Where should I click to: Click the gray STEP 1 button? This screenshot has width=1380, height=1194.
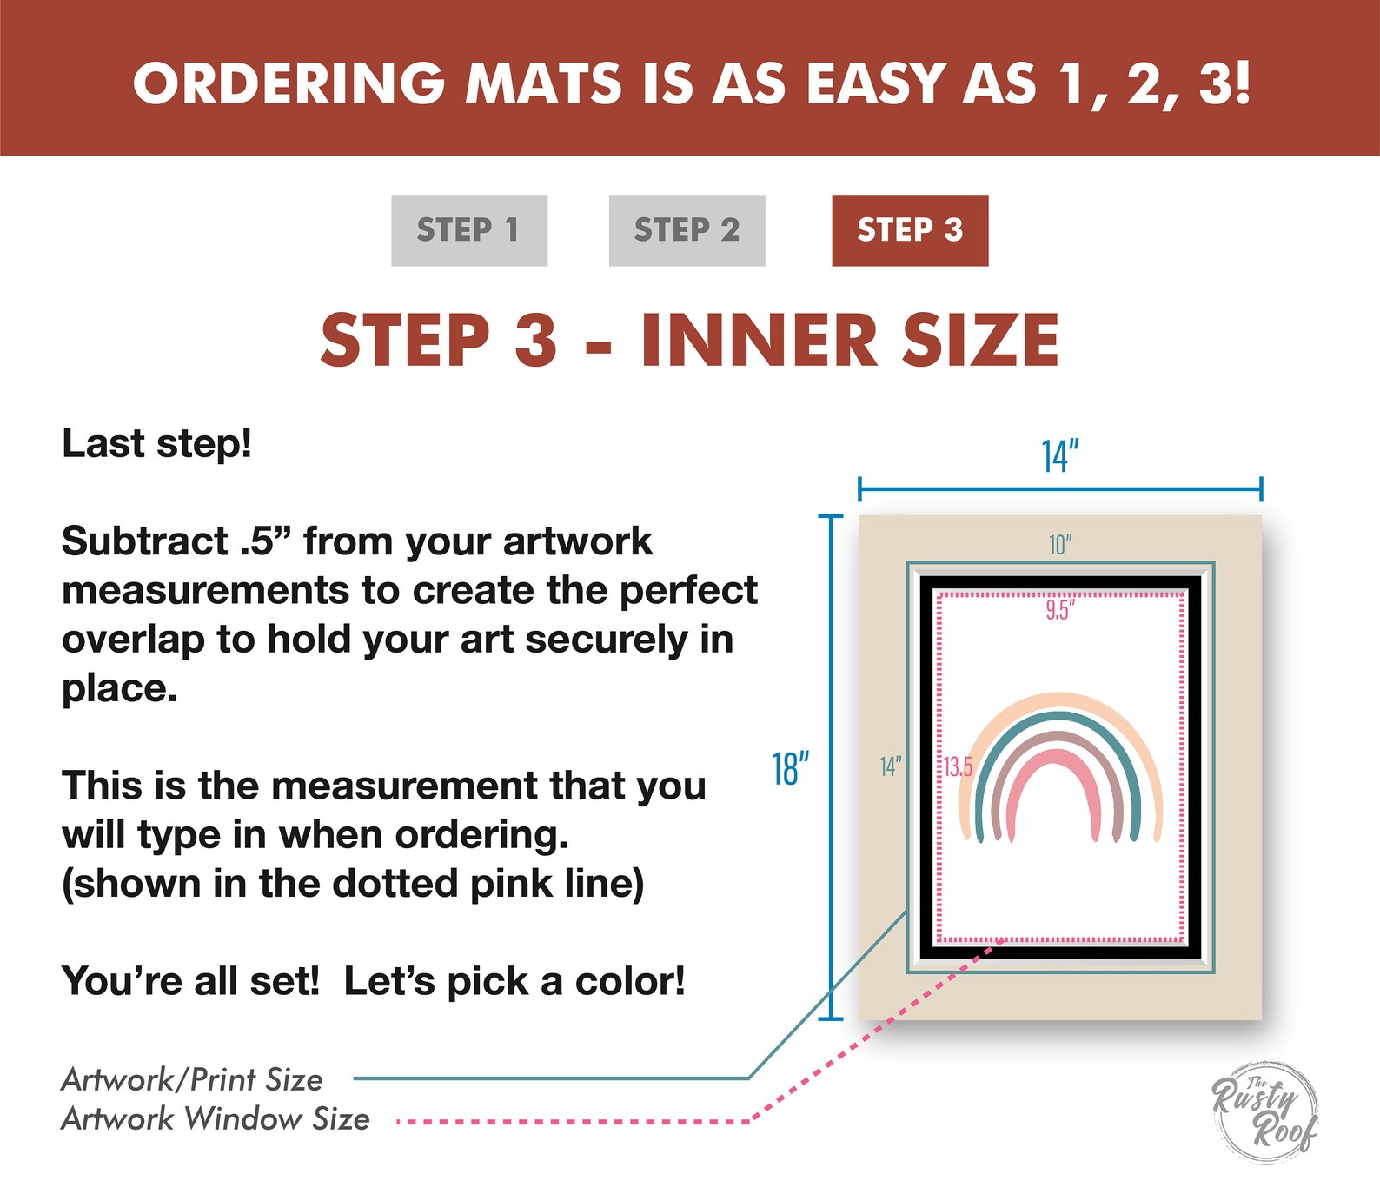469,230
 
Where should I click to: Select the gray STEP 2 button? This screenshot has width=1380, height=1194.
687,230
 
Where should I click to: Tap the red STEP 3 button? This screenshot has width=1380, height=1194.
910,230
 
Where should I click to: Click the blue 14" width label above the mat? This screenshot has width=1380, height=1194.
1060,456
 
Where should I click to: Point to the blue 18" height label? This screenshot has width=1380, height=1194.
790,769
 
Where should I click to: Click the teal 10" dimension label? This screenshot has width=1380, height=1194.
1060,545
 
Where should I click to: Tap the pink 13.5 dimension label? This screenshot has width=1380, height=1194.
959,766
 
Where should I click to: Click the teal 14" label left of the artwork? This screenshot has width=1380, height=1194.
891,766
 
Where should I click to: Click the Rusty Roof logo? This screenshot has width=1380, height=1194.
1265,1111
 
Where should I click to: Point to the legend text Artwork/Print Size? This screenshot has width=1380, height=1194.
192,1079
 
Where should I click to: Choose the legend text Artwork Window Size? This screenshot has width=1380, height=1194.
216,1118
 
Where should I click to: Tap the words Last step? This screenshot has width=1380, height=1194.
157,443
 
